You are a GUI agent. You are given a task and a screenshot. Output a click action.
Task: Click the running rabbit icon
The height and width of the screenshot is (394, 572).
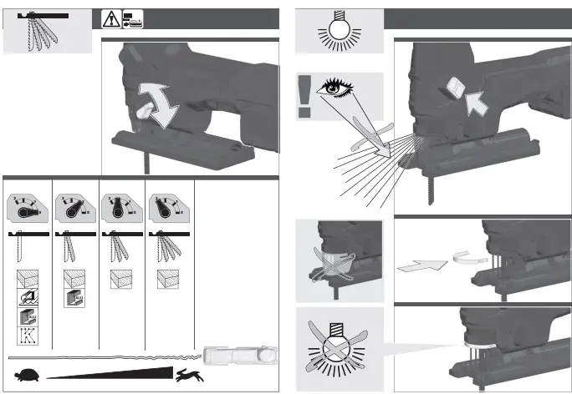click(x=186, y=377)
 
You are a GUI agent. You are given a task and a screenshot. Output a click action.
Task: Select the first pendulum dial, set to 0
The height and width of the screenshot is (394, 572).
click(x=26, y=209)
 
